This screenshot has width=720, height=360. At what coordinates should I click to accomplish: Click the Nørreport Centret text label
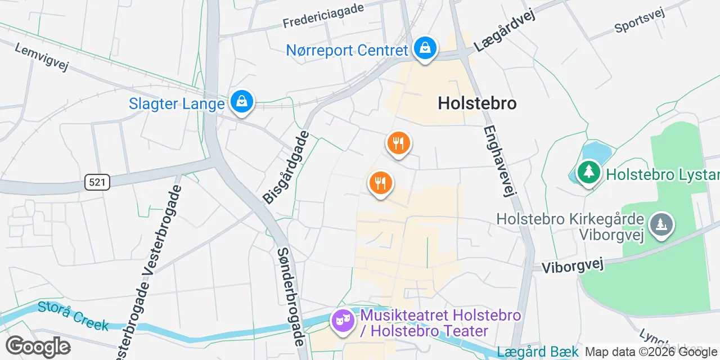point(346,50)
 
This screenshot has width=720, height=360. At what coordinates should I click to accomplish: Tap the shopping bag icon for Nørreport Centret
point(426,49)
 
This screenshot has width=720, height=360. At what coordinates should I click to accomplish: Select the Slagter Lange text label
point(177,103)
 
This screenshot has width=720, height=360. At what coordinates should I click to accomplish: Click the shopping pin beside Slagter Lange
point(241,102)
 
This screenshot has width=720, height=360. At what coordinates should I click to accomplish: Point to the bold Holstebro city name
point(477,103)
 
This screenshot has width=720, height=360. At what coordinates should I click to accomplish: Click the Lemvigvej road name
point(41,57)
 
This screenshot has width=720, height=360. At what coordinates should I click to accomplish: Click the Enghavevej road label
point(499,160)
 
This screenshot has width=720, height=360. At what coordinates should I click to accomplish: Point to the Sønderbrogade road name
point(291,296)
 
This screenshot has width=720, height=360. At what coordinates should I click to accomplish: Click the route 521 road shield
point(97,182)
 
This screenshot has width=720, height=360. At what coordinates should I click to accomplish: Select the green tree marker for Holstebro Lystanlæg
point(588,172)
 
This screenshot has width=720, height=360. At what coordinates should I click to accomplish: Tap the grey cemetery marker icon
point(661,224)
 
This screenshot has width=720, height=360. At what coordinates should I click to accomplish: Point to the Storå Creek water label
point(73,316)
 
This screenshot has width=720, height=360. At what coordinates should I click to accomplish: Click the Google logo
point(38,346)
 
